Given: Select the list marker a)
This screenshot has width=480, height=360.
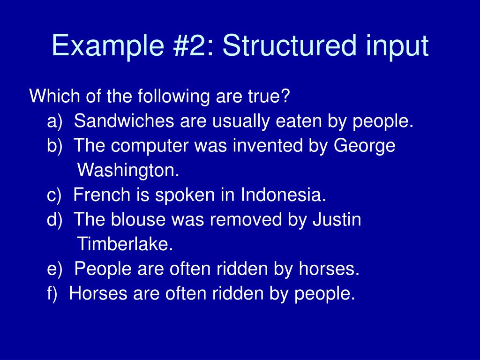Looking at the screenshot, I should click(x=55, y=121).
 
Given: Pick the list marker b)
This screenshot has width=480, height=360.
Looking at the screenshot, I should click(x=55, y=146).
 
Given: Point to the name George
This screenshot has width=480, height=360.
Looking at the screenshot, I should click(x=365, y=147).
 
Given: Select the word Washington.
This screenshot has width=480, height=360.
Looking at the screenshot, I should click(x=128, y=171).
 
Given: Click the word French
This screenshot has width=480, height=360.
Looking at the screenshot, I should click(x=100, y=195).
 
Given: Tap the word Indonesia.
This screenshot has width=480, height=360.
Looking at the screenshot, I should click(x=283, y=195).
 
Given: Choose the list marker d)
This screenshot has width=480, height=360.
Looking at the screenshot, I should click(x=55, y=219).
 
